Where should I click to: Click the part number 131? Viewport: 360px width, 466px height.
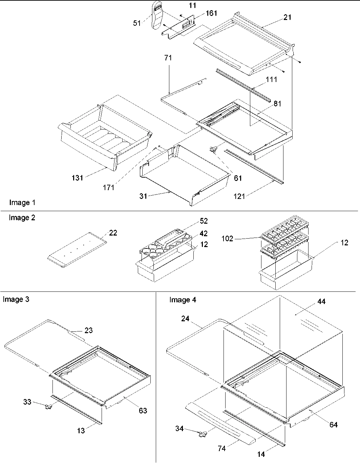coord(77,178)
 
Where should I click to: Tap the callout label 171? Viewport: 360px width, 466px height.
coord(108,187)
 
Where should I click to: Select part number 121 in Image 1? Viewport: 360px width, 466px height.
coord(239,196)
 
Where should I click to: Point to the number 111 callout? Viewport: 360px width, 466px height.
coord(272,80)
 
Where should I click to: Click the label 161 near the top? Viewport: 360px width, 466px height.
coord(211,13)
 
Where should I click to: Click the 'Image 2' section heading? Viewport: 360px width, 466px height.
coord(22,218)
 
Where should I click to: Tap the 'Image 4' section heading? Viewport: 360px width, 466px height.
coord(183,300)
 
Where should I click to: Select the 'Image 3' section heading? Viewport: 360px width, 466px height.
coord(16,299)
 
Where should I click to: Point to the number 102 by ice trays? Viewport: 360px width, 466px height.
coord(228,239)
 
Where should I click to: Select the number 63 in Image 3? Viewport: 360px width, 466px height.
coord(143,410)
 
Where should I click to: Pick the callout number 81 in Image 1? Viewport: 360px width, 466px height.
coord(277,104)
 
